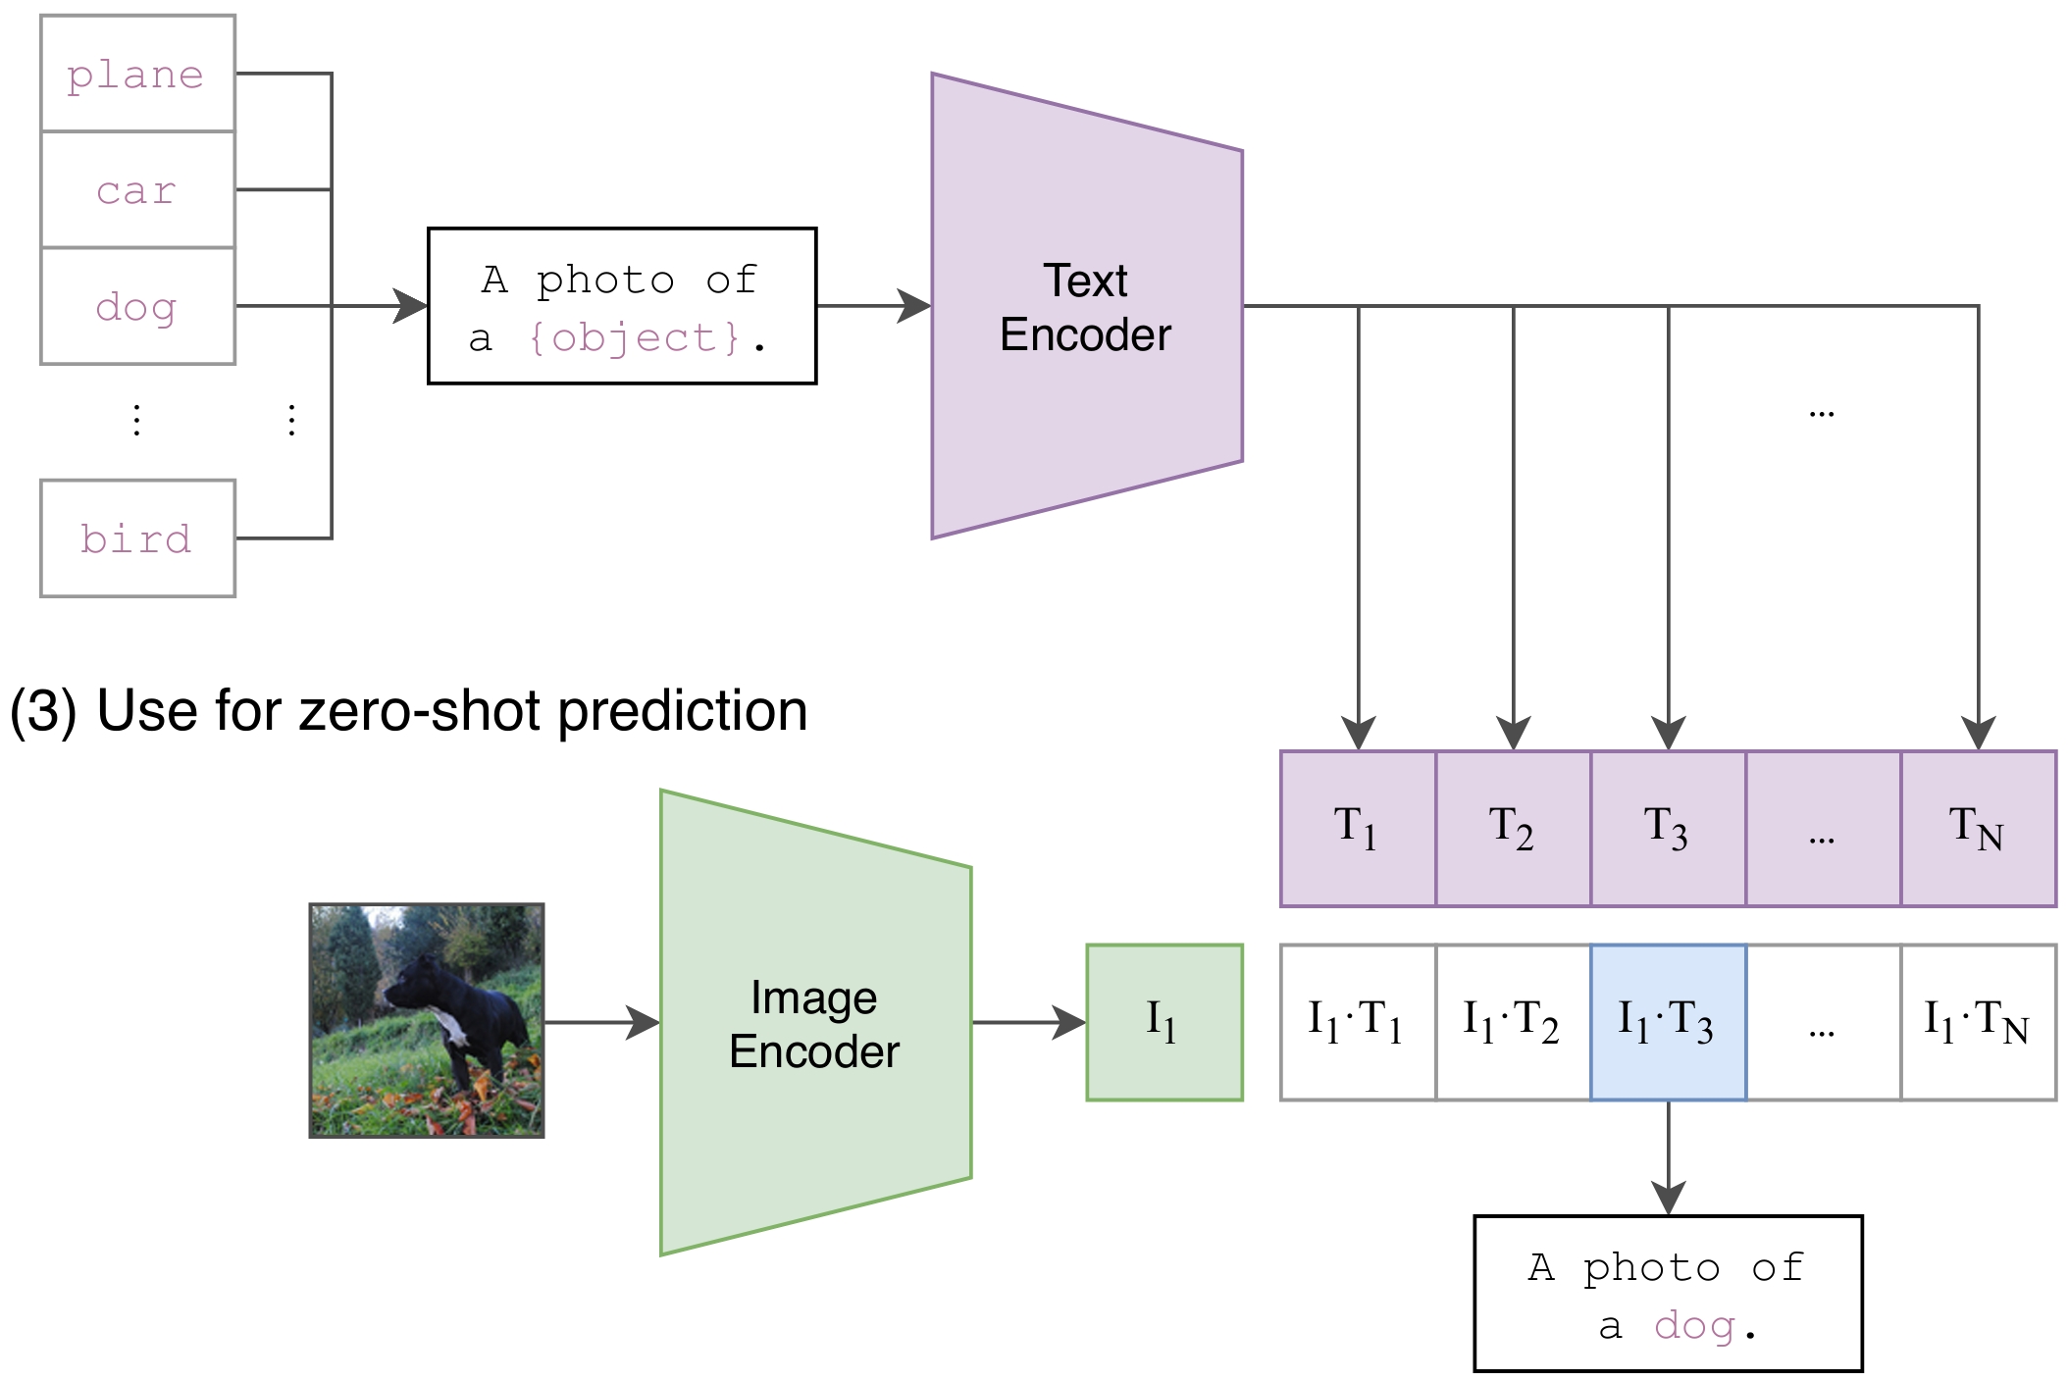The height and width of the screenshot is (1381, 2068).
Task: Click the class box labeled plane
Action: pos(137,74)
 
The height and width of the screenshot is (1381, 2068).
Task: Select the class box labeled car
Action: pos(137,189)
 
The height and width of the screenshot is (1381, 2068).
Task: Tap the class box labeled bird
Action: pos(137,538)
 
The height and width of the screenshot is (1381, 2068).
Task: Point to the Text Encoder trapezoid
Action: pos(1086,307)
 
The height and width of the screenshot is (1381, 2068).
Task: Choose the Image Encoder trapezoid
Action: pos(815,1023)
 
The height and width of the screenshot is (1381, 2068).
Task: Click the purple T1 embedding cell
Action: pos(1358,829)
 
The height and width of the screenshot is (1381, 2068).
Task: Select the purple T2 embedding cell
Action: pos(1513,829)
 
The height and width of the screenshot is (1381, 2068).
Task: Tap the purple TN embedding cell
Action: pos(1978,829)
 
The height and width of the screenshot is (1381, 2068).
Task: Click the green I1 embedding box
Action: pos(1164,1022)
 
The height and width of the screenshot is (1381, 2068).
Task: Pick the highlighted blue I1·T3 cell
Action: pos(1668,1022)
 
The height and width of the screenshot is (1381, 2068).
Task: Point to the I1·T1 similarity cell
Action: pos(1358,1022)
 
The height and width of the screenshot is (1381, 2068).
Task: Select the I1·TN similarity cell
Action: pos(1978,1022)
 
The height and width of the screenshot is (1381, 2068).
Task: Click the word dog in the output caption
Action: pos(1694,1326)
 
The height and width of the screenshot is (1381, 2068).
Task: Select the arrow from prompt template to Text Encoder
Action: pos(873,306)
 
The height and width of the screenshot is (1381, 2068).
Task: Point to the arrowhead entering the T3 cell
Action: pos(1668,734)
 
